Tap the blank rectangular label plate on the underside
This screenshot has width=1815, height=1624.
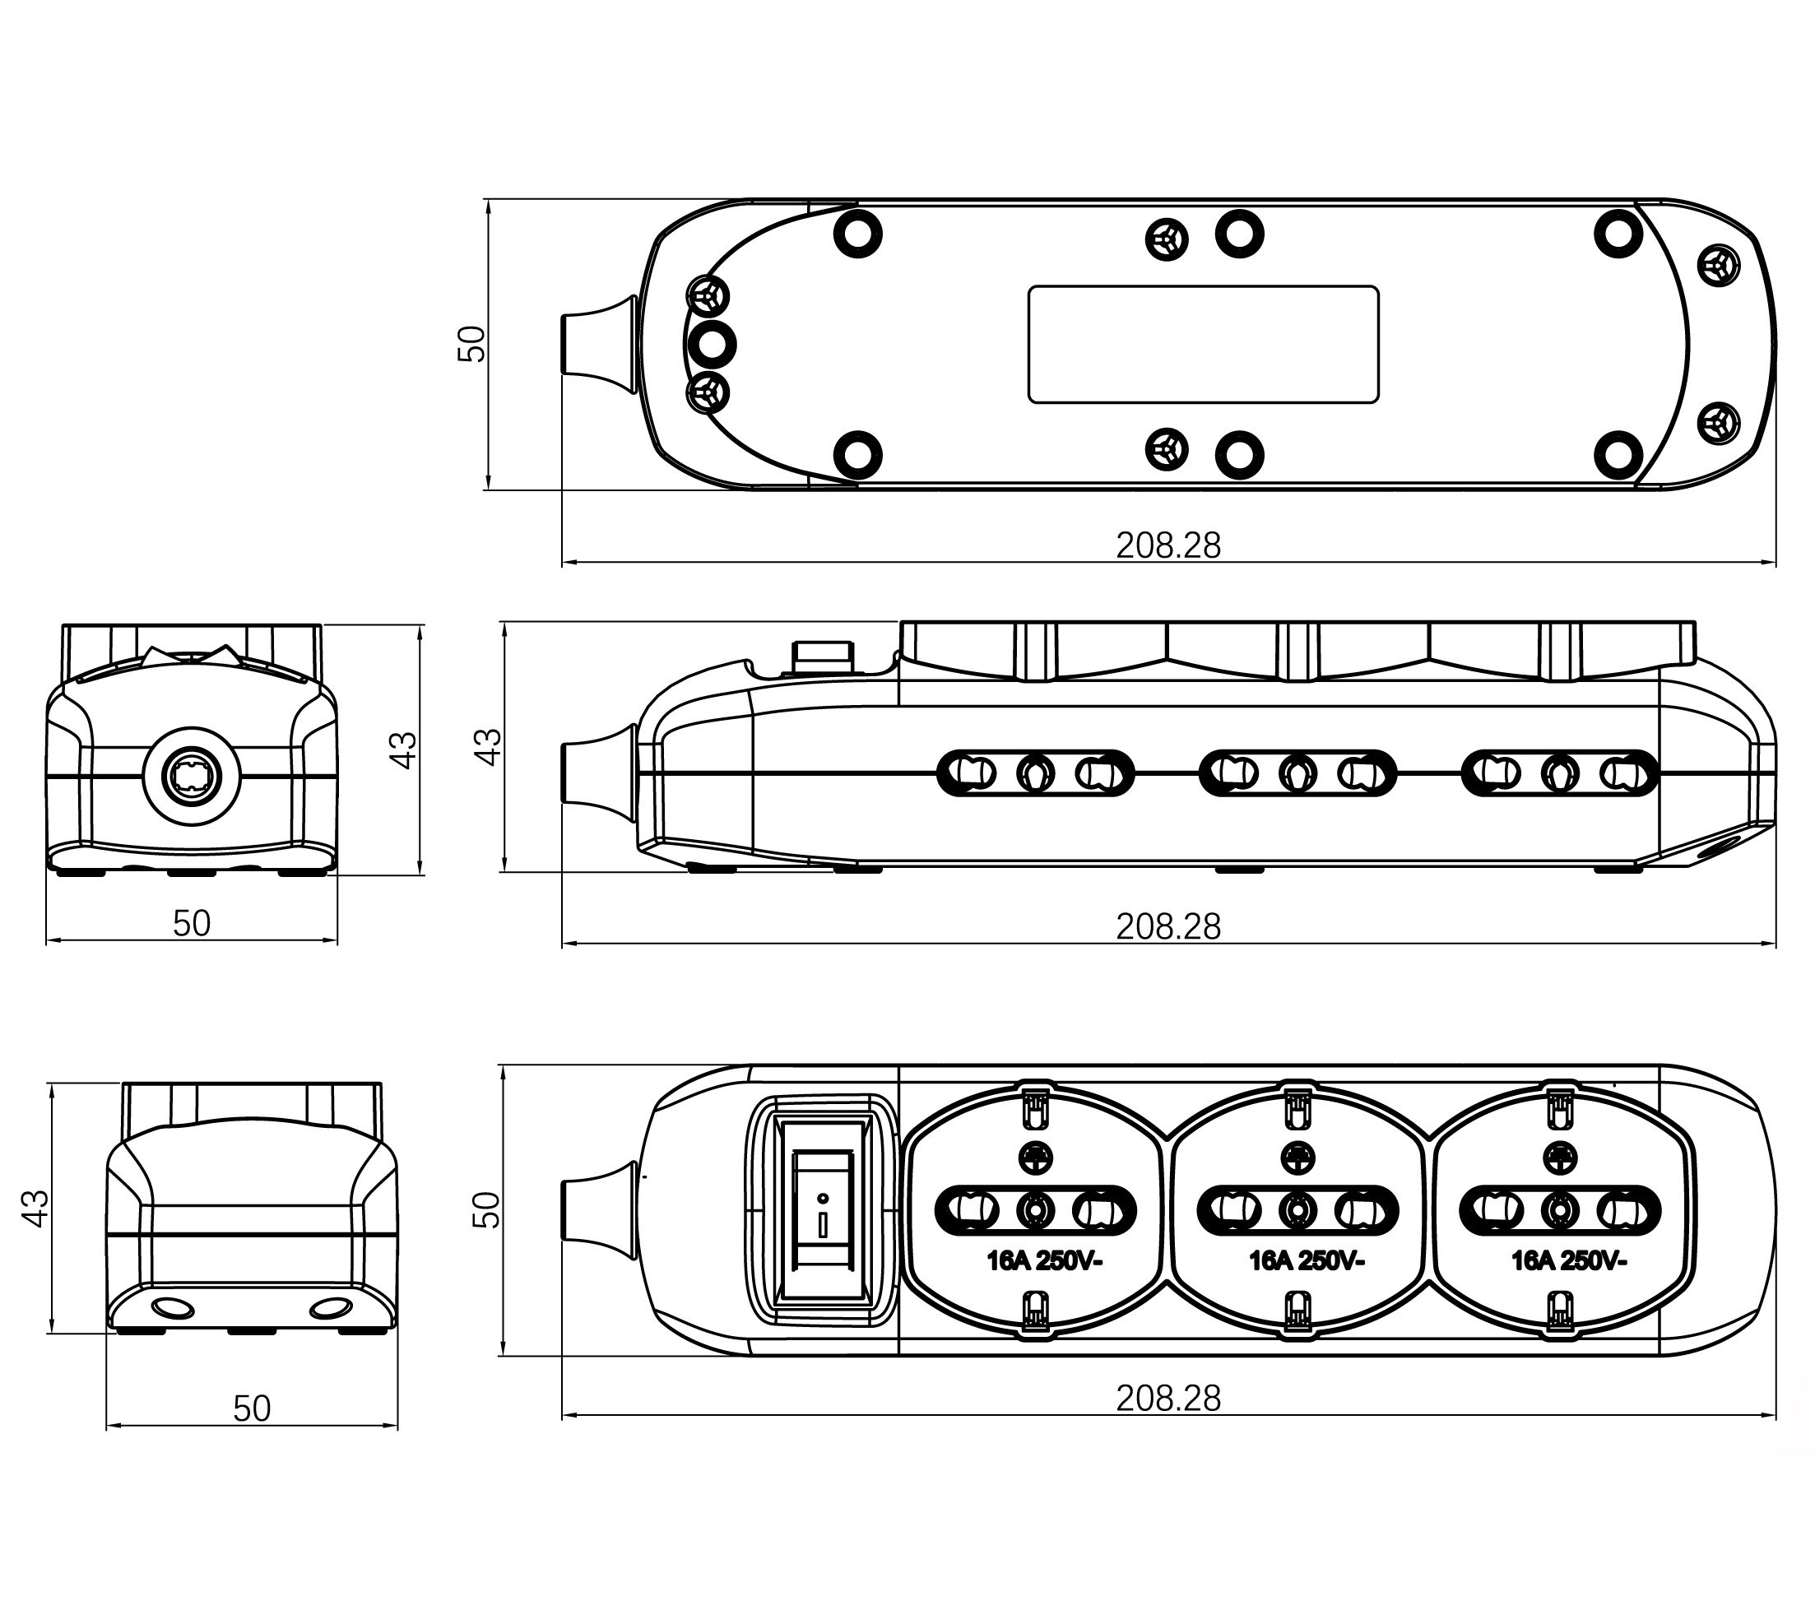coord(1203,345)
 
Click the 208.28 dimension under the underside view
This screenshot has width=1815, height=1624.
coord(1168,545)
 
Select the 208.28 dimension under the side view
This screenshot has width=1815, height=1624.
coord(1168,927)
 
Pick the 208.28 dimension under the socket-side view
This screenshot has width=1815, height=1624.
coord(1168,1399)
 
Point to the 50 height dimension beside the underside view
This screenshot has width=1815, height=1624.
coord(471,344)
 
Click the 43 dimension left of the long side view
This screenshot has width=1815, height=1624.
coord(488,747)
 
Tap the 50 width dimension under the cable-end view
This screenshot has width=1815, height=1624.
coord(191,924)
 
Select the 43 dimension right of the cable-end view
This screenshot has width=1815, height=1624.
coord(403,749)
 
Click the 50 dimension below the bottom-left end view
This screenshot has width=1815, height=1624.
coord(252,1408)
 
